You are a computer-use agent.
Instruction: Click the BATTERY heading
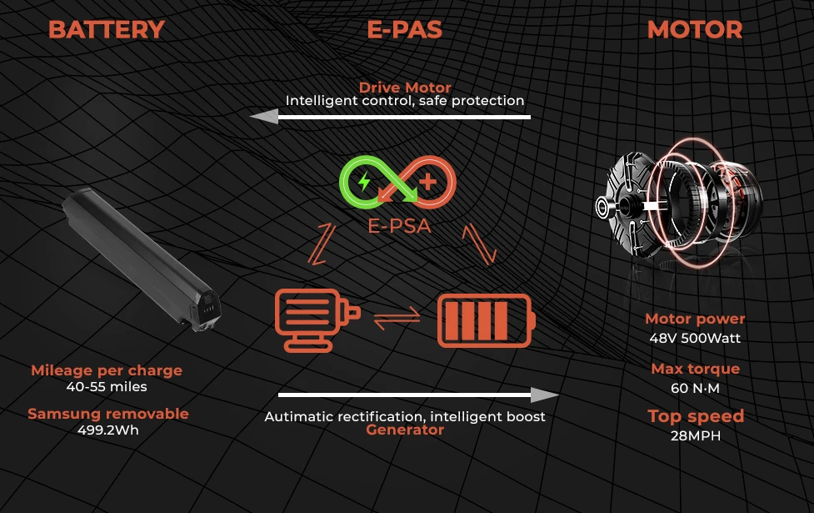(107, 30)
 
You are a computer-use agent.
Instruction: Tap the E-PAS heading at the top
(404, 30)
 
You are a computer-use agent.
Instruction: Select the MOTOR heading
(695, 30)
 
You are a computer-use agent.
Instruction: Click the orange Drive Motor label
(405, 88)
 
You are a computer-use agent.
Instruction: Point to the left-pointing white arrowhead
(264, 117)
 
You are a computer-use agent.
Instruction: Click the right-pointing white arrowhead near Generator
(545, 395)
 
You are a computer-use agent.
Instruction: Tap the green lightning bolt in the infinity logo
(364, 181)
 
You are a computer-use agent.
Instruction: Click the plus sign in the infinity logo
(427, 182)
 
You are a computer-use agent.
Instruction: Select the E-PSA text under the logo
(399, 226)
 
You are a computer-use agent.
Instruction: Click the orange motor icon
(317, 319)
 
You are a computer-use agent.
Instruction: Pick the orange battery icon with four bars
(486, 320)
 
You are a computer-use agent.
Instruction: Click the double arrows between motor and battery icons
(397, 318)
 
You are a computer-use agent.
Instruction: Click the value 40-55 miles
(107, 387)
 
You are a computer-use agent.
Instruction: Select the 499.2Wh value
(108, 430)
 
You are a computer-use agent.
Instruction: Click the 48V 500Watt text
(695, 339)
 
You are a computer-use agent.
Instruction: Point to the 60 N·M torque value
(695, 388)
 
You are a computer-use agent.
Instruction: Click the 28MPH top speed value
(696, 435)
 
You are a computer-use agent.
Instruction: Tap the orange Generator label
(405, 430)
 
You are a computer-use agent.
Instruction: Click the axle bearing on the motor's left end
(602, 207)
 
